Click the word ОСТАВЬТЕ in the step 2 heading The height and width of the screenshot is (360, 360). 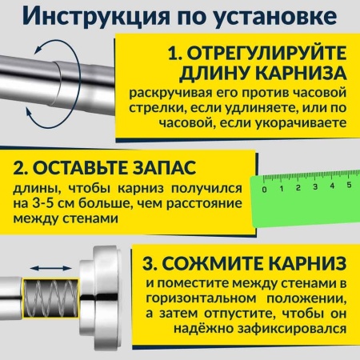[x=88, y=170]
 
